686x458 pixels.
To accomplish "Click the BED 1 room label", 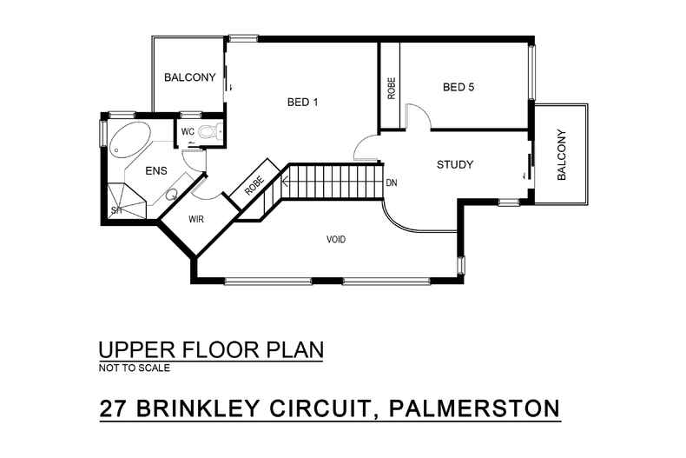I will click(303, 102).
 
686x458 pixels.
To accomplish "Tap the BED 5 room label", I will click(458, 87).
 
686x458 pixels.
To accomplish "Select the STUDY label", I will click(454, 164).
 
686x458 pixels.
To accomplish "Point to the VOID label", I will click(336, 239).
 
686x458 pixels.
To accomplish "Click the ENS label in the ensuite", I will click(155, 170).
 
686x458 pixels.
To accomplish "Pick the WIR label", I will click(196, 219).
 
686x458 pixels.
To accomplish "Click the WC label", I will click(187, 132).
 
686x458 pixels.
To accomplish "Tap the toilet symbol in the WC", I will click(207, 132).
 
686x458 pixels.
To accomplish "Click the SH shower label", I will click(115, 210).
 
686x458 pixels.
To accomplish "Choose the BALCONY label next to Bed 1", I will click(189, 77).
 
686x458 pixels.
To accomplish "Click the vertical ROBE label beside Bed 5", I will click(392, 88).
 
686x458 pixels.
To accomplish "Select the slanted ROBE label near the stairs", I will click(254, 184).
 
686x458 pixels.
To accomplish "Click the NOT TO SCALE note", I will click(134, 368).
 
